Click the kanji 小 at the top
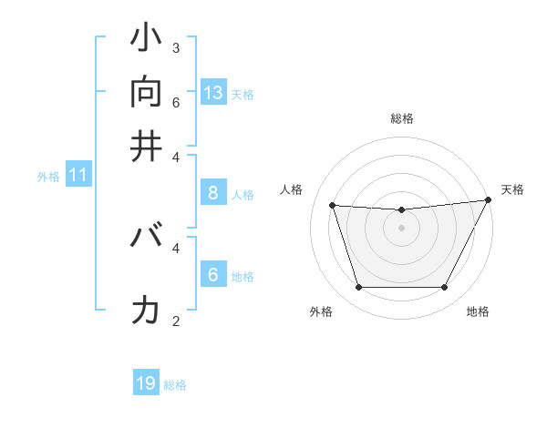click(x=146, y=40)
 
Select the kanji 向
click(x=146, y=92)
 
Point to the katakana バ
click(x=146, y=238)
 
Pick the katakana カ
click(x=146, y=311)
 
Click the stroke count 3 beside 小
click(x=176, y=47)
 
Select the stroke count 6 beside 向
click(x=176, y=101)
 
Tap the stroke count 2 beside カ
click(x=176, y=321)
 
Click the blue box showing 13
click(x=213, y=92)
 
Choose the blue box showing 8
click(x=213, y=192)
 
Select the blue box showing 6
click(x=213, y=274)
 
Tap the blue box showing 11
click(x=78, y=175)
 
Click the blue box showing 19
click(x=146, y=383)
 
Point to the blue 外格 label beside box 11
click(x=48, y=177)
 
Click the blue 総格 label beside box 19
click(x=175, y=385)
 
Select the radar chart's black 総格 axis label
click(x=401, y=118)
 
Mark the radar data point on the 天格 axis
click(x=489, y=200)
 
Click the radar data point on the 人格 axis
click(x=333, y=206)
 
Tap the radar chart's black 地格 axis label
click(x=478, y=312)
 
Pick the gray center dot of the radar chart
click(x=401, y=228)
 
